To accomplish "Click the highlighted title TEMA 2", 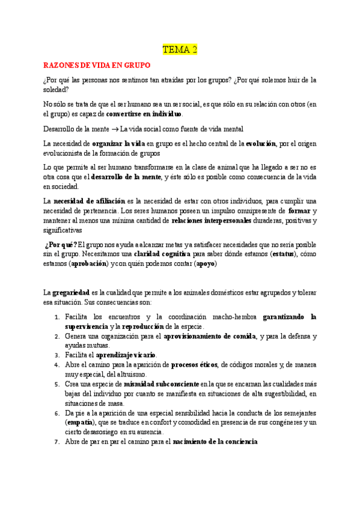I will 180,50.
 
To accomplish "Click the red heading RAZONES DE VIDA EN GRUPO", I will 96,64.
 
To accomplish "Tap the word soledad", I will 57,89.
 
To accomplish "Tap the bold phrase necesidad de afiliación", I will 89,200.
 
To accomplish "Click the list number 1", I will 56,317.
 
